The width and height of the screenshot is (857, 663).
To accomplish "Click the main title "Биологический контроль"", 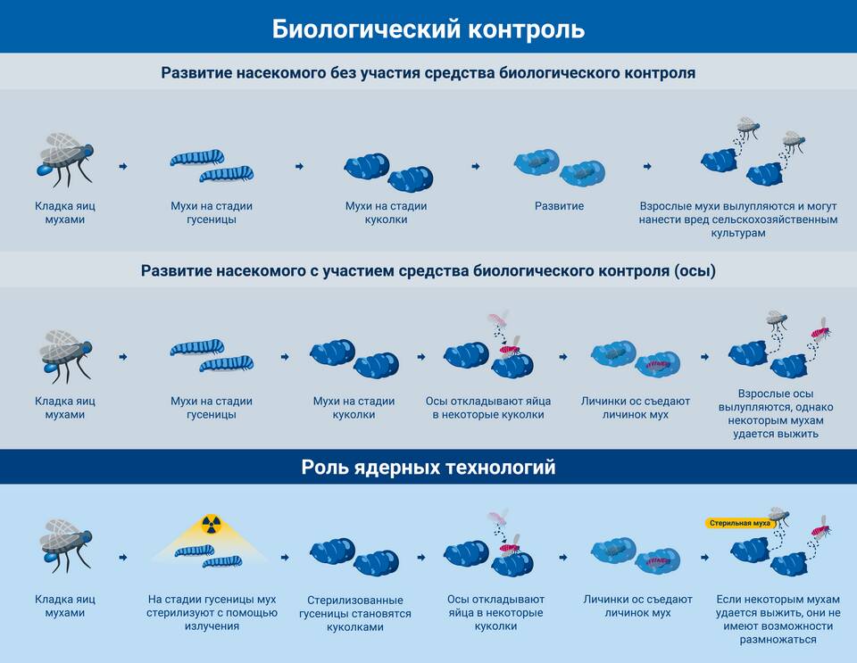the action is tap(428, 29).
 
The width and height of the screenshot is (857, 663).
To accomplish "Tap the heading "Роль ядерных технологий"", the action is tap(428, 468).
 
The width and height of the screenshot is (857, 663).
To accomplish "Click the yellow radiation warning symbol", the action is tap(211, 525).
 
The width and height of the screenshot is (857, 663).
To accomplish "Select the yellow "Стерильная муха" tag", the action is tap(739, 523).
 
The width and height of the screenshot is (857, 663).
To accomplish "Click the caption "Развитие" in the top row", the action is tap(559, 206).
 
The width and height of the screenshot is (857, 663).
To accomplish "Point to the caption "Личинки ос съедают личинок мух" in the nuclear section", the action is tap(637, 606).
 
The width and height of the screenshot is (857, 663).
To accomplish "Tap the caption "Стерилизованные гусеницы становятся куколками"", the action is tap(355, 613).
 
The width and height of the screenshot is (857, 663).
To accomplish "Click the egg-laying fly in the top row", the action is tap(65, 158).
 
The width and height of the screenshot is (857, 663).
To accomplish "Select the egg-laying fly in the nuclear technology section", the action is tap(65, 545).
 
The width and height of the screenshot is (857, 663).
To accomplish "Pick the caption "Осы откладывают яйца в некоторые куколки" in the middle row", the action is tap(488, 408).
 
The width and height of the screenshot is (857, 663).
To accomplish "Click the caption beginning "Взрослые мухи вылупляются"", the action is tap(738, 220).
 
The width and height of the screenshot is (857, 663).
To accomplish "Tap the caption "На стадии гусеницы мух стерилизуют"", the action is tap(212, 613).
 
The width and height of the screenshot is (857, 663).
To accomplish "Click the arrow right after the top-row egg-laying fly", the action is tap(123, 166).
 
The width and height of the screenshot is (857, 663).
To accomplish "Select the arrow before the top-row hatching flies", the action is tap(648, 166).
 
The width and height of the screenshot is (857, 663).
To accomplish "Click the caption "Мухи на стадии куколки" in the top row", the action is tap(386, 213).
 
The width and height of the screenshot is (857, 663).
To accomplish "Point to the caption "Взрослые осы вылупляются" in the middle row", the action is tap(776, 413).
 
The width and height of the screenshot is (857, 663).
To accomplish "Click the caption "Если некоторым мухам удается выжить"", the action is tap(778, 619).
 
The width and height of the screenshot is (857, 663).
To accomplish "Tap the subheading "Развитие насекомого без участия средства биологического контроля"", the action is tap(428, 72).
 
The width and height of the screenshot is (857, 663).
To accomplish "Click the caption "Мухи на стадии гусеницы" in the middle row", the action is tap(212, 408).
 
